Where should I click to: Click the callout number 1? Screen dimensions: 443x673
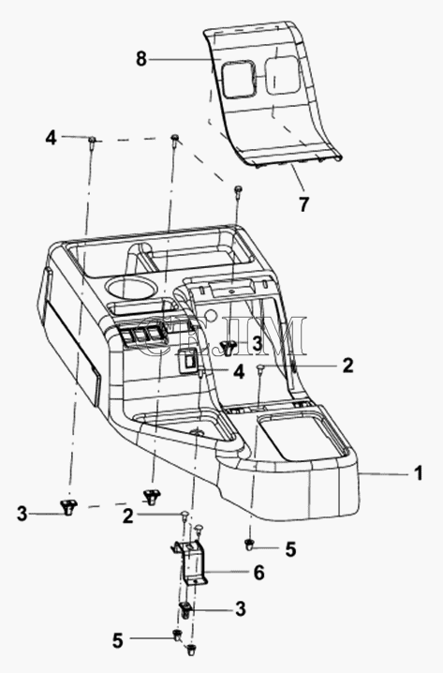[x=418, y=473]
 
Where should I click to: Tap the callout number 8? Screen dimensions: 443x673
[x=141, y=58]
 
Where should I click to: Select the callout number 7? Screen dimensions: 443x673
[x=303, y=204]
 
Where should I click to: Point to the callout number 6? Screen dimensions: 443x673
[x=258, y=573]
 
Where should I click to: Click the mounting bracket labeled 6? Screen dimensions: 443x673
[x=189, y=561]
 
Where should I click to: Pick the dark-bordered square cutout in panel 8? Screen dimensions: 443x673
[x=238, y=78]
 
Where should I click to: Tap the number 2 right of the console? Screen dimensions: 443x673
[x=347, y=366]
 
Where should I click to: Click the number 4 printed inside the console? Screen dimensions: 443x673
[x=239, y=372]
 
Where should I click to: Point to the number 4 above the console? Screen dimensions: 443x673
[x=51, y=138]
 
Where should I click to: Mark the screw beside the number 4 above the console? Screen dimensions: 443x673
[x=92, y=143]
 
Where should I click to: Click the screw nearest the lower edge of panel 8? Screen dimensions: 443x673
[x=237, y=193]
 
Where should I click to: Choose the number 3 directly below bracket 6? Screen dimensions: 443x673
[x=240, y=608]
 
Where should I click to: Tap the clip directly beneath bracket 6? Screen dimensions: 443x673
[x=185, y=610]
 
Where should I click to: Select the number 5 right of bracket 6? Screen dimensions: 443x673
[x=290, y=549]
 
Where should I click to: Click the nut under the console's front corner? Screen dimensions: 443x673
[x=249, y=546]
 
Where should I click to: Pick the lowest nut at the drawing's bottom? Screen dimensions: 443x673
[x=189, y=650]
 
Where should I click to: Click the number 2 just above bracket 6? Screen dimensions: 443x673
[x=127, y=516]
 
